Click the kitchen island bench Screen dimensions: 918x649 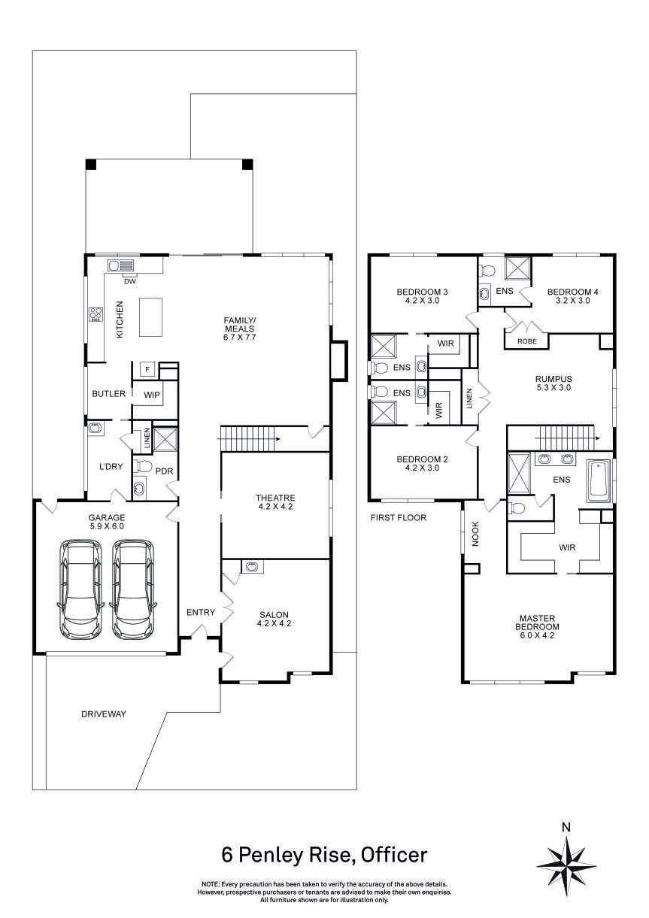coord(151,317)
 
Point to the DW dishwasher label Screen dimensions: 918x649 coord(129,282)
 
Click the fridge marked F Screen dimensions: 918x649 coord(148,369)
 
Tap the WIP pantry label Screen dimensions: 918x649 coord(152,394)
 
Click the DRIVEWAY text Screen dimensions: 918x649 coord(104,713)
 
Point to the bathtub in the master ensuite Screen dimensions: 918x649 coord(599,480)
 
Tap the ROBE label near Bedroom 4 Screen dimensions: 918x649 coord(526,341)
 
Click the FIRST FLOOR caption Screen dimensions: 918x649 coord(399,518)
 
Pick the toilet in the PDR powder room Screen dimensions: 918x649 coord(141,467)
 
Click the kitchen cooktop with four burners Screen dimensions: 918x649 coord(96,314)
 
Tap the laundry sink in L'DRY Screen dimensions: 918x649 coord(96,429)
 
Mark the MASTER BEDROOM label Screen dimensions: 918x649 coord(538,626)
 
